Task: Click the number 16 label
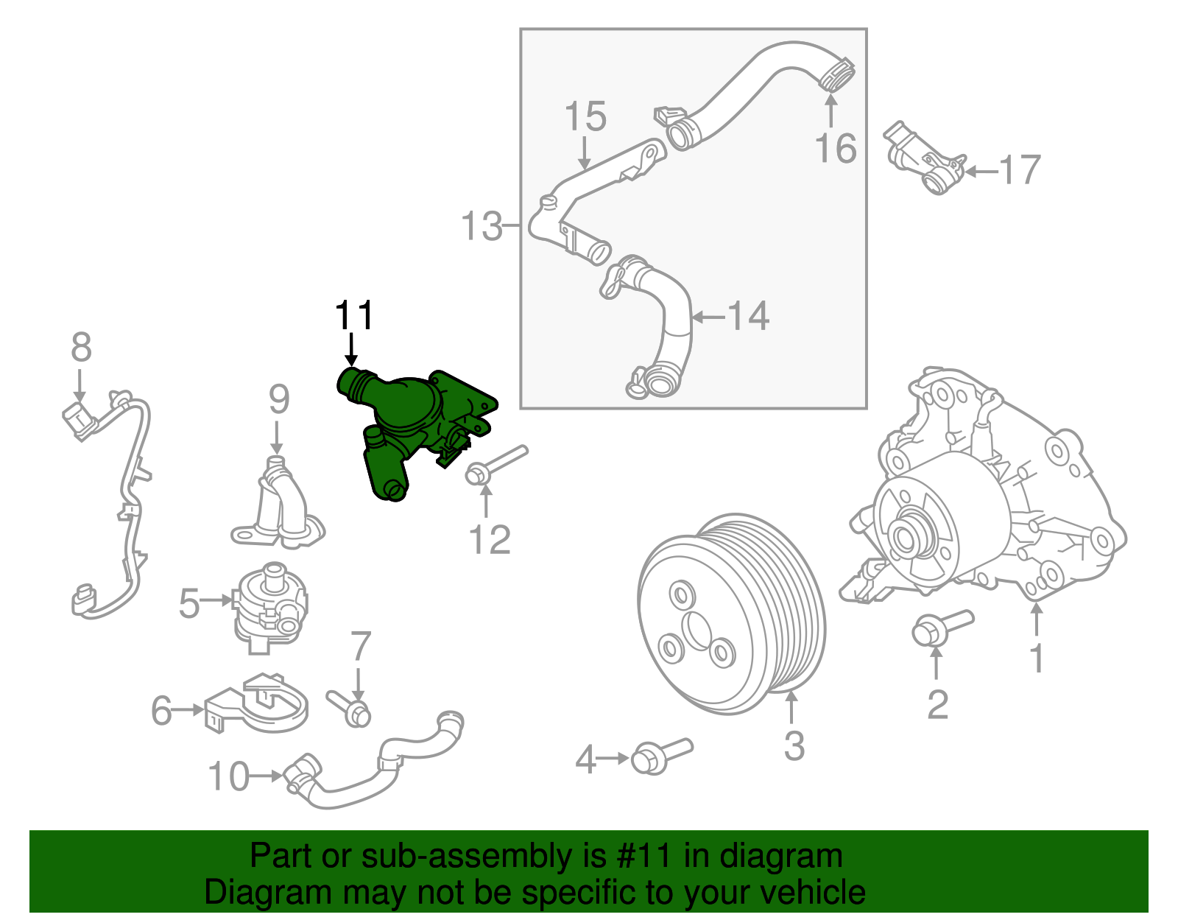836,148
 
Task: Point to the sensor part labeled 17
924,158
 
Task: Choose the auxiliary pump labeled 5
269,604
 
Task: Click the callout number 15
585,117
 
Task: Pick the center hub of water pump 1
907,536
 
